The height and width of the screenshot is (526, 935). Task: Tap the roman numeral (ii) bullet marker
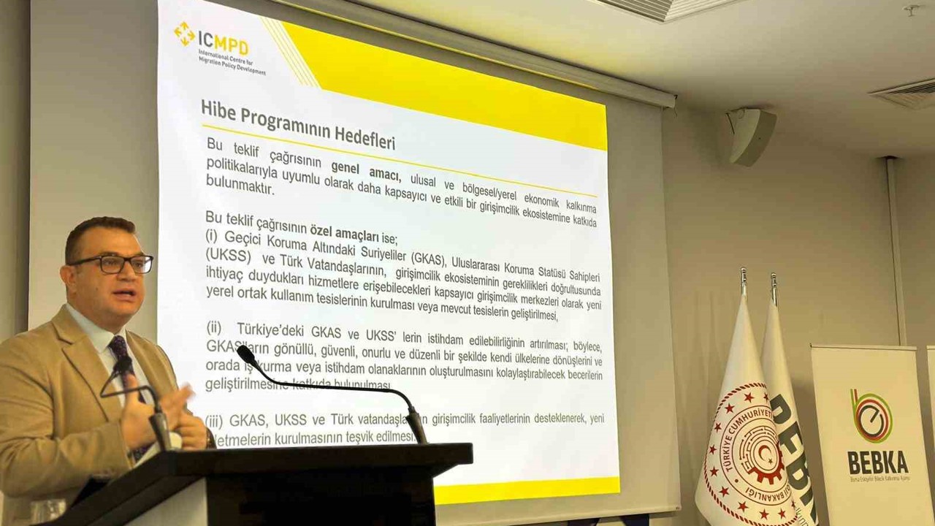coord(213,327)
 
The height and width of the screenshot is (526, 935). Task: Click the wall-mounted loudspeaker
coord(750,137)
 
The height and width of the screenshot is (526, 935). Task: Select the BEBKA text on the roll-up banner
coord(877,462)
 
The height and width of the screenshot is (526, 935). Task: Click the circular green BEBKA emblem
coord(871,416)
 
